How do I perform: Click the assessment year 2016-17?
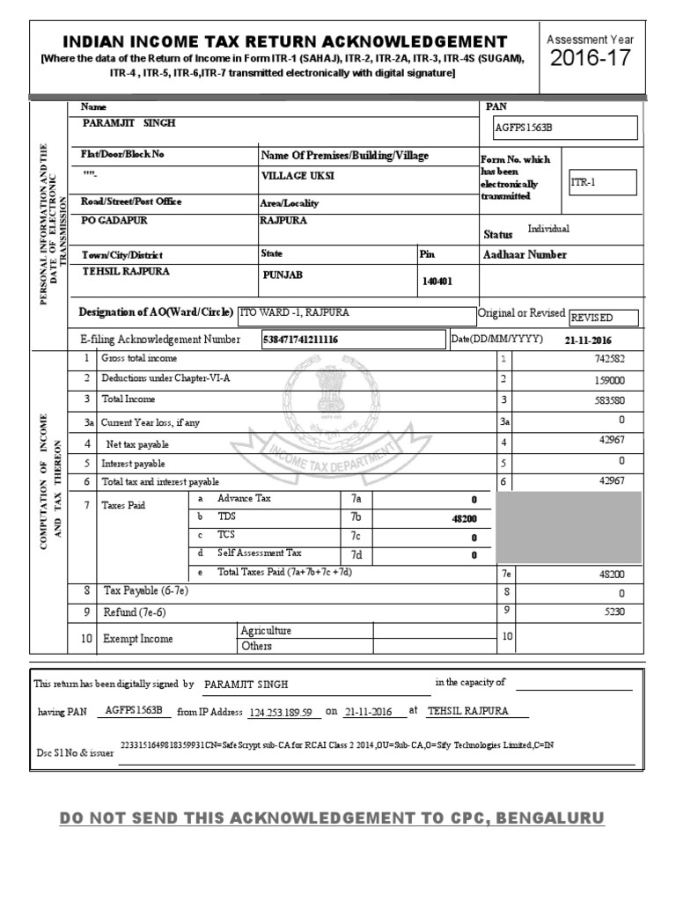pos(590,59)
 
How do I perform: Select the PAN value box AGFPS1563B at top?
pos(565,128)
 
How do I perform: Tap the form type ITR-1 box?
pos(602,182)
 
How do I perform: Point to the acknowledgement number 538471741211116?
pos(301,339)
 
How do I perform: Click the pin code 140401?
pos(437,282)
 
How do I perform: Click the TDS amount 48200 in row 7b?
pos(464,519)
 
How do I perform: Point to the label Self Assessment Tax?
pos(260,553)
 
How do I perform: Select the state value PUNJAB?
pos(282,275)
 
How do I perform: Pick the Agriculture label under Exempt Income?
pos(266,631)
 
